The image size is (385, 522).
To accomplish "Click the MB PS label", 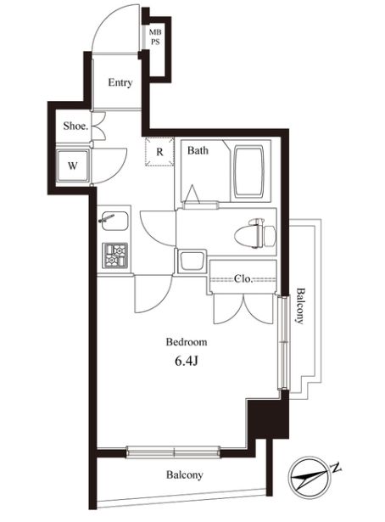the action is pyautogui.click(x=154, y=37).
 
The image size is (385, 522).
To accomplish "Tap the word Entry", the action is pyautogui.click(x=120, y=82).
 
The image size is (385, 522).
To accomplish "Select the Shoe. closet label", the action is pyautogui.click(x=75, y=126).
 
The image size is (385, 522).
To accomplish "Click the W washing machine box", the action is pyautogui.click(x=73, y=166).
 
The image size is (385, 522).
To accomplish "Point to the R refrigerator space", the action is pyautogui.click(x=160, y=152).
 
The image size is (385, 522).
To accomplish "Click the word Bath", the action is pyautogui.click(x=198, y=150).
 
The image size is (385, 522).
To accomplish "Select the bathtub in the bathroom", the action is pyautogui.click(x=248, y=171).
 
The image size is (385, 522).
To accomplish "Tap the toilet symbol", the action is pyautogui.click(x=255, y=233).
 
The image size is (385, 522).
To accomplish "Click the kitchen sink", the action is pyautogui.click(x=114, y=221).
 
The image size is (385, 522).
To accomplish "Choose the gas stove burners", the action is pyautogui.click(x=115, y=255).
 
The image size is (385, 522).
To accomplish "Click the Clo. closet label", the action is pyautogui.click(x=243, y=278).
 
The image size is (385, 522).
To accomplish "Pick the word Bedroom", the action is pyautogui.click(x=187, y=342).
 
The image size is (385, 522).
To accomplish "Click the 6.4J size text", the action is pyautogui.click(x=187, y=362).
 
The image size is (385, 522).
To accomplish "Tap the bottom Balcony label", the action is pyautogui.click(x=185, y=474).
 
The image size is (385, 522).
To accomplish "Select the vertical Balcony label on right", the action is pyautogui.click(x=300, y=306).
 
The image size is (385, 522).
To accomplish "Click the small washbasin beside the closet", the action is pyautogui.click(x=192, y=261).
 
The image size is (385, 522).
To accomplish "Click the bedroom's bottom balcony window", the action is pyautogui.click(x=173, y=452).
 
